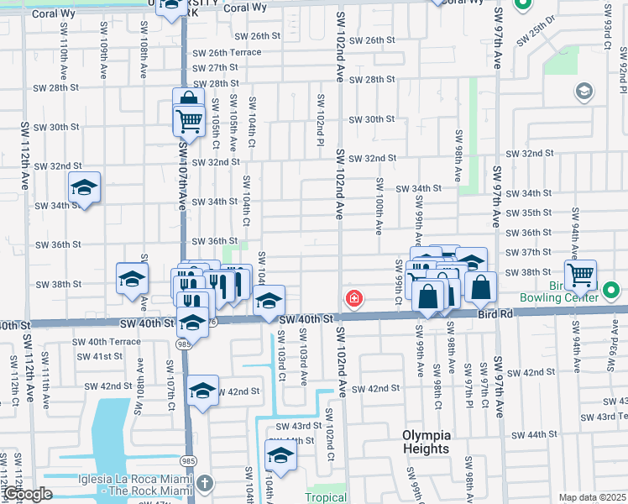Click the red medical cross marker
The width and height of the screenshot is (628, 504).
(x=354, y=298)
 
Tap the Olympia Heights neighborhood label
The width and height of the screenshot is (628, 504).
(x=426, y=442)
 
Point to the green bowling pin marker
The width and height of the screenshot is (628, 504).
(x=611, y=291)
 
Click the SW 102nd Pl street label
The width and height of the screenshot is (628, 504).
(x=321, y=118)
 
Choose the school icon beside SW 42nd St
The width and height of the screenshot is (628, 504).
(x=202, y=391)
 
